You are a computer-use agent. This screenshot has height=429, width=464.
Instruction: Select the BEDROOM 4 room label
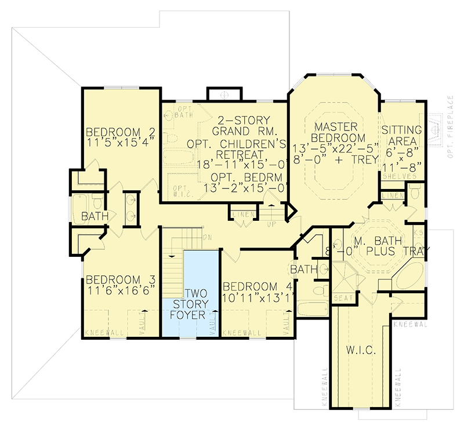point(257,286)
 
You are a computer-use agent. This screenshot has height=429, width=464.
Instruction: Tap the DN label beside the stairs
point(208,237)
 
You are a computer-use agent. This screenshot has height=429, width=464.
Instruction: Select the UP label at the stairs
point(271,223)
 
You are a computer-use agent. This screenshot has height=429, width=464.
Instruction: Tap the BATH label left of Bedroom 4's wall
point(304,269)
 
